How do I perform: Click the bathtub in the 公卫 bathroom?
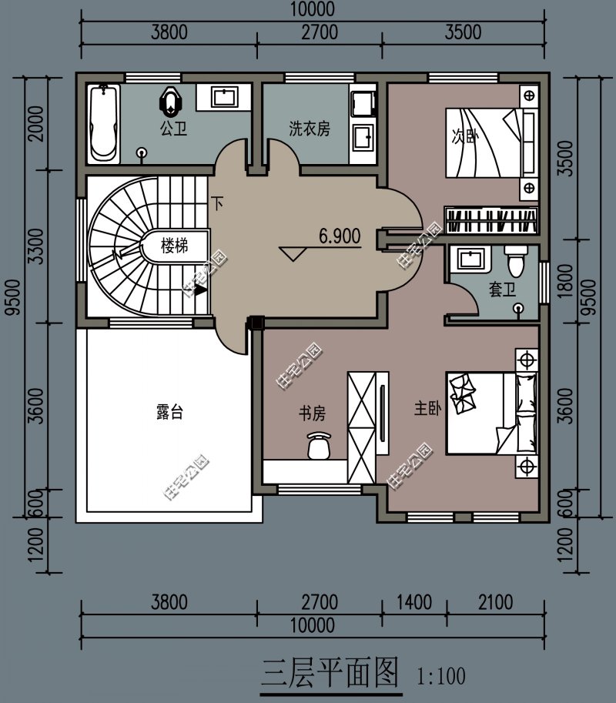pos(103,124)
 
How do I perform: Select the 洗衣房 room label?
pos(310,129)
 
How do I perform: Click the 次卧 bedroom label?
pos(464,136)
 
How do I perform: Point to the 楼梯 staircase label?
pos(174,246)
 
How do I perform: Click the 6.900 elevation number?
pos(340,236)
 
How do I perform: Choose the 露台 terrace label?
pos(170,412)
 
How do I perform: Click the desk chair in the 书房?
pos(319,445)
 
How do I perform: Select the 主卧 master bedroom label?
pos(427,408)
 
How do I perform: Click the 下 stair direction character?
pos(217,203)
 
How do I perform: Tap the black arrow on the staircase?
pos(200,290)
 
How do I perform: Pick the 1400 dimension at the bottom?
pos(414,602)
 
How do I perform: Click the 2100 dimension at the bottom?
pos(495,602)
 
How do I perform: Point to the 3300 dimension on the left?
pos(36,246)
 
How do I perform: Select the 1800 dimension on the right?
pos(566,281)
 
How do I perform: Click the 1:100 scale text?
pos(441,676)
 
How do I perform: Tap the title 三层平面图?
pos(330,674)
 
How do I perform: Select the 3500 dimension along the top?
pos(463,32)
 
